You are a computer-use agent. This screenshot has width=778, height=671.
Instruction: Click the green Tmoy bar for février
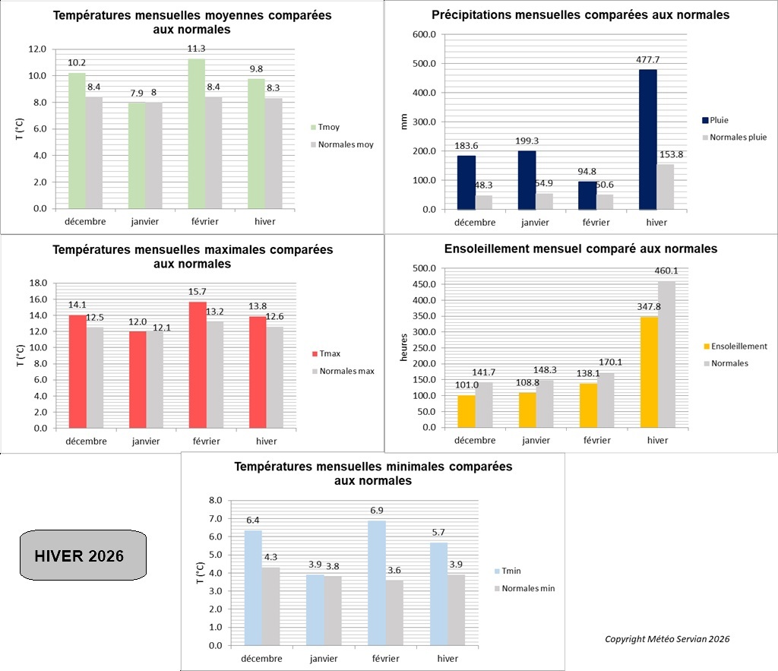point(196,134)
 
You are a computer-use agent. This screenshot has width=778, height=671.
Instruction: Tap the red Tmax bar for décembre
point(77,372)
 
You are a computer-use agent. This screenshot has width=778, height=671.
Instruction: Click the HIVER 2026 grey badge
point(82,555)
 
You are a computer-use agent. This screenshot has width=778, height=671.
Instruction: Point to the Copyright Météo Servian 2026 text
point(667,639)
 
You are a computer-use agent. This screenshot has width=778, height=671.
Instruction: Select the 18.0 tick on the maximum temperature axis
point(37,283)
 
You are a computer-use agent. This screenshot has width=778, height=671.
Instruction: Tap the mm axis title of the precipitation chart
point(404,122)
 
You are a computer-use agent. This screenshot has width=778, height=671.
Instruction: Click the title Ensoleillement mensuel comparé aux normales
point(580,248)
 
